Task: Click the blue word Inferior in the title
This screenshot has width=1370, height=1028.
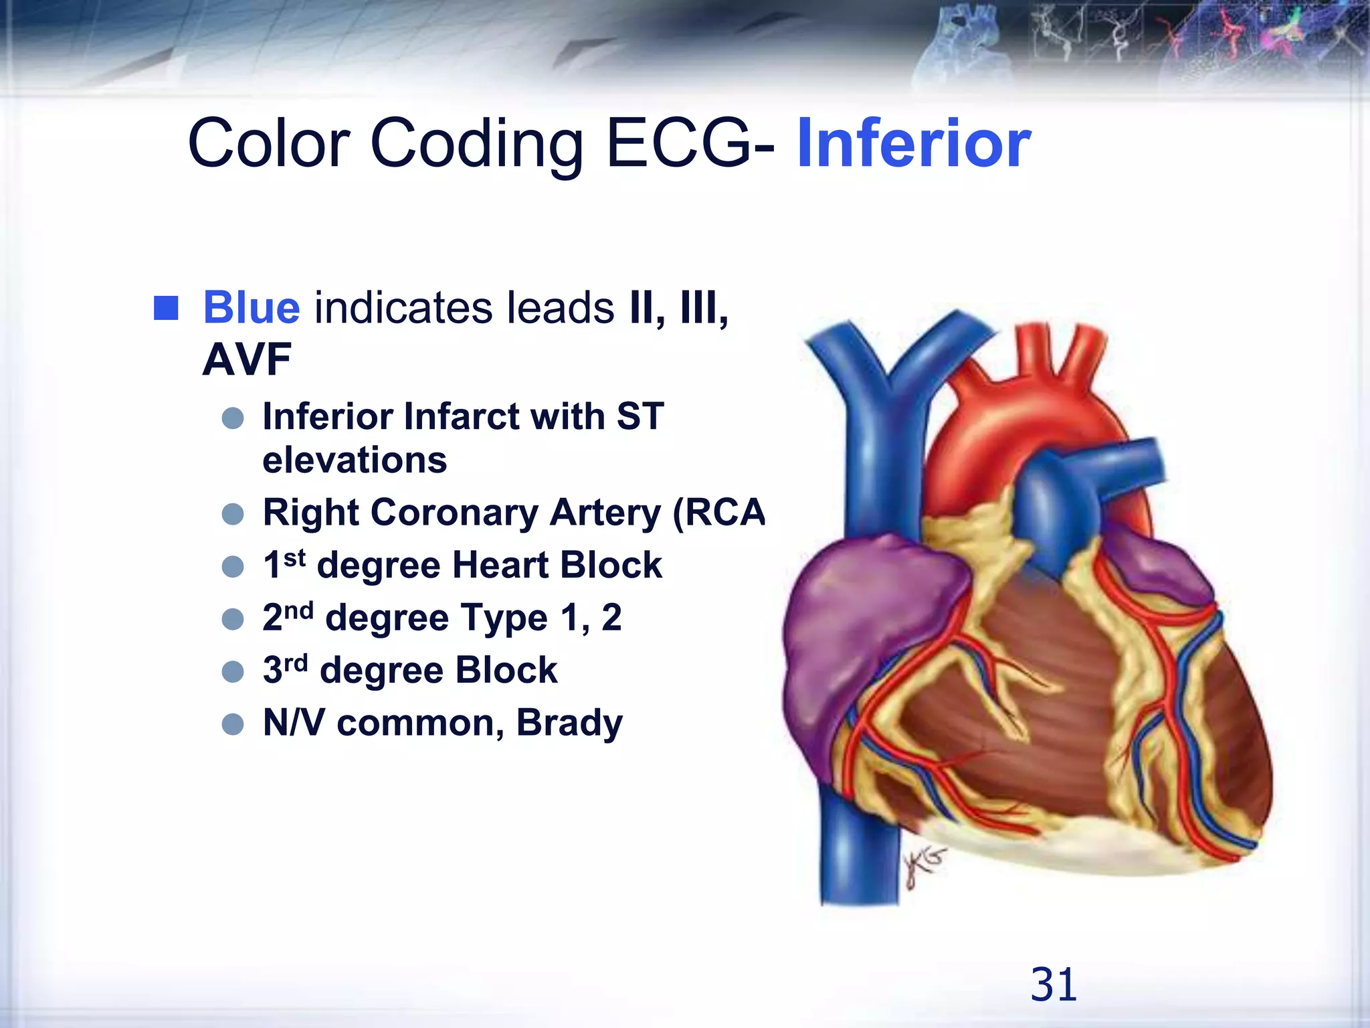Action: (913, 143)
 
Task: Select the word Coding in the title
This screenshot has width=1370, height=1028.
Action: (477, 143)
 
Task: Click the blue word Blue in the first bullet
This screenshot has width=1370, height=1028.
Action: (252, 308)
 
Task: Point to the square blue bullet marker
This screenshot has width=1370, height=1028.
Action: (166, 309)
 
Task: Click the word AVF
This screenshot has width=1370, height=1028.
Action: (247, 360)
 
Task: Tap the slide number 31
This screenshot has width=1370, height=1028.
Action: (1054, 984)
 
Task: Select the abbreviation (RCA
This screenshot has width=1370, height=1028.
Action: (718, 513)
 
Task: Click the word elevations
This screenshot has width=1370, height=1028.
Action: (355, 460)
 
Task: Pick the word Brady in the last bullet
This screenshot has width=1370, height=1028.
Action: (569, 723)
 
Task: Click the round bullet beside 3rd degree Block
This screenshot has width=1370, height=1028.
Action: (233, 671)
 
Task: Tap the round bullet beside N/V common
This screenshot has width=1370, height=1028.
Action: (233, 724)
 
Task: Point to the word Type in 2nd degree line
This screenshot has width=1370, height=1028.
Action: (504, 618)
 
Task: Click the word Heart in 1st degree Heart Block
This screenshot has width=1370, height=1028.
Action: (500, 566)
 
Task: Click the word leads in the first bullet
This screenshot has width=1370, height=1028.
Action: (561, 308)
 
